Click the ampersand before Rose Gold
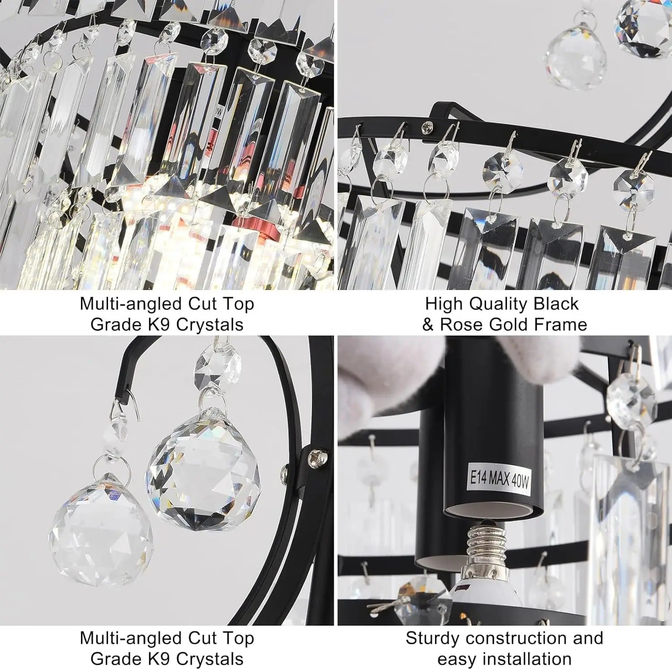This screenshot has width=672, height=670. (x=428, y=324)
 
